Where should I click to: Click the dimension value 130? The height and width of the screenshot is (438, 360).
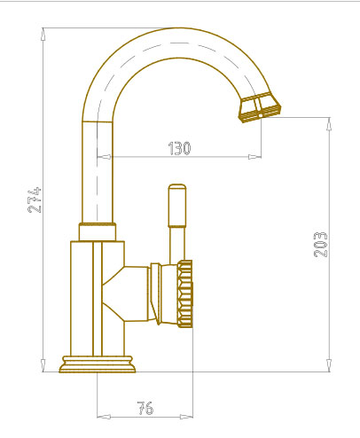click(179, 148)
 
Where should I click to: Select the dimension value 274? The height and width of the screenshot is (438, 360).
click(35, 199)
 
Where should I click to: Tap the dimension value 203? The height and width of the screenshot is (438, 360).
click(320, 245)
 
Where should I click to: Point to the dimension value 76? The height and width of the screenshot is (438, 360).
click(145, 408)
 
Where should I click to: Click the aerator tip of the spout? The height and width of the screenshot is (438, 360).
click(260, 107)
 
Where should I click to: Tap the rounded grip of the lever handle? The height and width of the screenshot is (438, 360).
click(177, 206)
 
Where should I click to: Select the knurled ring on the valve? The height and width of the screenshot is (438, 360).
click(185, 293)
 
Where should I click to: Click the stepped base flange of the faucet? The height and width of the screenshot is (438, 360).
click(98, 364)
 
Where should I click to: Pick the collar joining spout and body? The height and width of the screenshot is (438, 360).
click(98, 231)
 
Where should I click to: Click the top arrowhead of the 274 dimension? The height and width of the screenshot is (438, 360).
click(43, 34)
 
